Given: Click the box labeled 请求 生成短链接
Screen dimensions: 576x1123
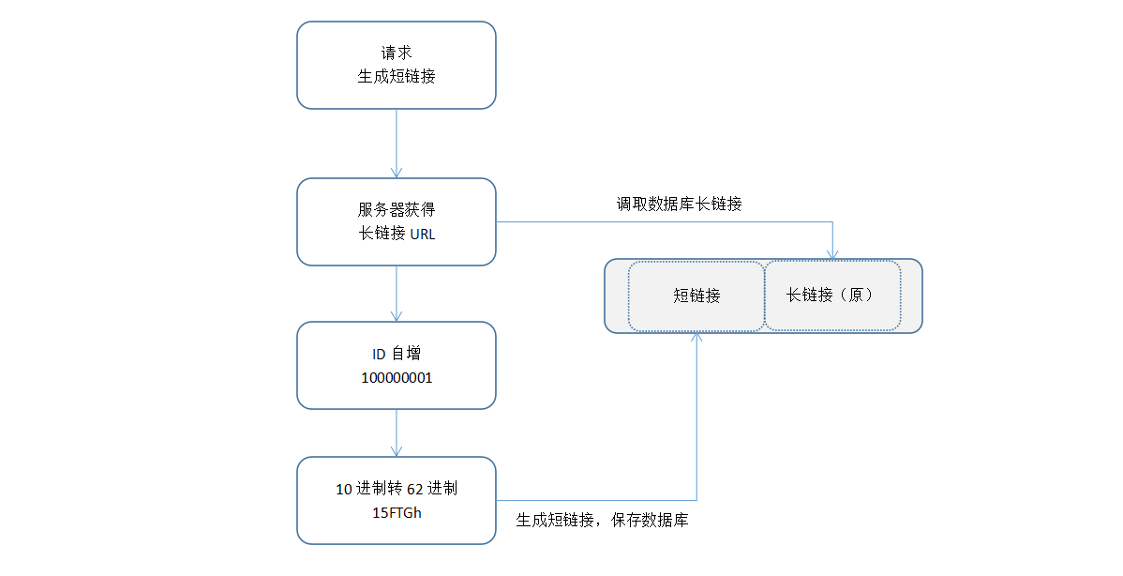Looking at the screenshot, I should coord(396,65).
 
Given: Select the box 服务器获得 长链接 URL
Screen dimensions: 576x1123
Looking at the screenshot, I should coord(396,221).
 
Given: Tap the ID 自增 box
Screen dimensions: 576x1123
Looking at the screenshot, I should coord(396,365).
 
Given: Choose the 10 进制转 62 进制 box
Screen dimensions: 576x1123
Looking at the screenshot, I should coord(396,500).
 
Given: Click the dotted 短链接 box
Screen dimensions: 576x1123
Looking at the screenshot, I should coord(696,296).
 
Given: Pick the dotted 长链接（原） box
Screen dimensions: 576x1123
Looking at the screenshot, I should coord(832,296).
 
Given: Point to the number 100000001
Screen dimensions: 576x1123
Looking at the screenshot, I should coord(397,377).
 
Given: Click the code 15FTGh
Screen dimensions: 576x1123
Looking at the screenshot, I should coord(397,512).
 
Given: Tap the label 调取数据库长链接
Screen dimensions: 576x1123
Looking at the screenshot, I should coord(679,204).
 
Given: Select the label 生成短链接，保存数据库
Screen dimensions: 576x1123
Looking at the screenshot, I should coord(602,520).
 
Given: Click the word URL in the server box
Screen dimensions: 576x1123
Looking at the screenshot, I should coord(423,235).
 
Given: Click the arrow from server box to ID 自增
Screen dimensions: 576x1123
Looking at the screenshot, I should coord(397,294).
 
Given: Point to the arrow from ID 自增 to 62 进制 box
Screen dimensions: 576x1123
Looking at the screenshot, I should coord(397,432).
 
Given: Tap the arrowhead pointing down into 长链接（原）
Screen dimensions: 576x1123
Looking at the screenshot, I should coord(832,254).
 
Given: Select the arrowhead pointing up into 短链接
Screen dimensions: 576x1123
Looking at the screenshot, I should coord(696,338).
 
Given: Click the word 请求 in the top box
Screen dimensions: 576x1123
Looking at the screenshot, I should coord(397,53).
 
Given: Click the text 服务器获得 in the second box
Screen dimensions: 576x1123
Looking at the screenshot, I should coord(397,210).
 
